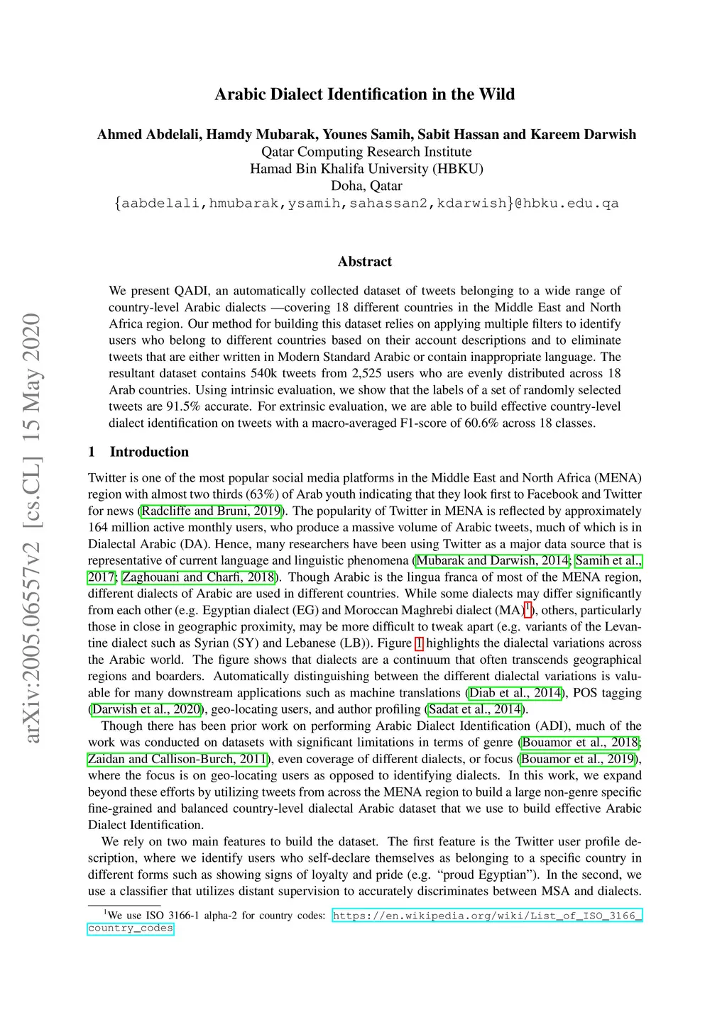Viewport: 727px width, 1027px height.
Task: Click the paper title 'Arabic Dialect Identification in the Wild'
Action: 364,94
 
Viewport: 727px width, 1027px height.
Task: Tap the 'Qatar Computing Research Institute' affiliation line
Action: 366,152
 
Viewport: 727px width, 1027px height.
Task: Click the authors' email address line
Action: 366,204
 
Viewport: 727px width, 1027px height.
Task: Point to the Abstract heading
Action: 365,262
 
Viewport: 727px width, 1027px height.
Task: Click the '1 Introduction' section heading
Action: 138,452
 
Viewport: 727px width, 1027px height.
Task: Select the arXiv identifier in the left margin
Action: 32,528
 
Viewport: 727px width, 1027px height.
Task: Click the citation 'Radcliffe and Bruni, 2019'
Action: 212,511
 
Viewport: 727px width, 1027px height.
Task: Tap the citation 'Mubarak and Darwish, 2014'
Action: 492,560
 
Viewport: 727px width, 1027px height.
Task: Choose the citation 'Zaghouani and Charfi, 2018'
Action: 199,577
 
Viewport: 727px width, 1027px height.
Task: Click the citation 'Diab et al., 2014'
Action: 515,692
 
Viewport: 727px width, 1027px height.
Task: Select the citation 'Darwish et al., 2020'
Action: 147,709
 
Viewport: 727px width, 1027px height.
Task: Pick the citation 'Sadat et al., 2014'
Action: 475,709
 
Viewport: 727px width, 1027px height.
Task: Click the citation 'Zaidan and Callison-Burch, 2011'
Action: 177,758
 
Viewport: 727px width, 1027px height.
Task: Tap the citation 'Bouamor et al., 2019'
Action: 578,758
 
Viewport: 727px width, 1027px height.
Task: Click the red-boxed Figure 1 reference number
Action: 419,643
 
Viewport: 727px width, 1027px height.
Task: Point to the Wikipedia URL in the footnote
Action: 487,916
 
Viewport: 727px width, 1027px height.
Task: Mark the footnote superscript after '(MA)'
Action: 528,608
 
